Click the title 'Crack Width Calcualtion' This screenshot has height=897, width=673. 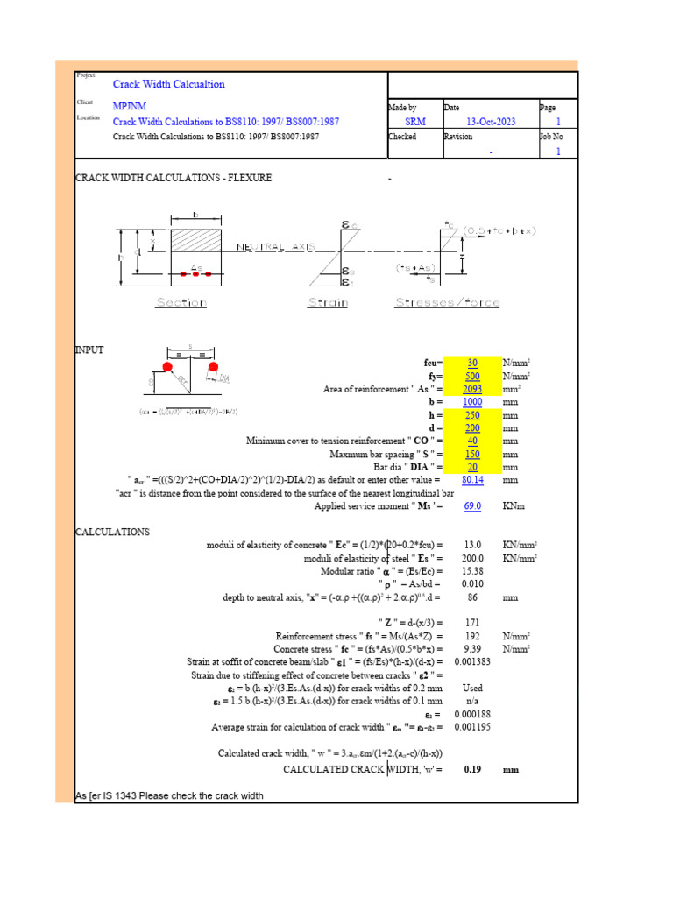[169, 84]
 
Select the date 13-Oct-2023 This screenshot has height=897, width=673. [491, 122]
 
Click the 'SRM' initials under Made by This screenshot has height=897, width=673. [415, 122]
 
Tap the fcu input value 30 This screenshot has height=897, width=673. [472, 362]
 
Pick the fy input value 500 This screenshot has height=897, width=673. [472, 375]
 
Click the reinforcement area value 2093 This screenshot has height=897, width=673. [472, 388]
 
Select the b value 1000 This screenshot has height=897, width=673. [472, 402]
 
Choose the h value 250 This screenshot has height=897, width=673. [472, 415]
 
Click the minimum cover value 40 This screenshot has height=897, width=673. [472, 441]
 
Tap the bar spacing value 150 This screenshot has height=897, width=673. [472, 454]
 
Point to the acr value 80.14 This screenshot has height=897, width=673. [472, 480]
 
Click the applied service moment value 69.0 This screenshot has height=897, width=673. [472, 506]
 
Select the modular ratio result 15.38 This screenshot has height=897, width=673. [472, 570]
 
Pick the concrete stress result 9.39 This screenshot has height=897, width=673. [472, 649]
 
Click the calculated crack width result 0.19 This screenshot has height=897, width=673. [472, 769]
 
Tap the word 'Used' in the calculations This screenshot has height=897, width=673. [472, 689]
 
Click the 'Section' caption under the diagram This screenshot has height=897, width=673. [181, 302]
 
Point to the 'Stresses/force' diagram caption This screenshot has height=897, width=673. [447, 302]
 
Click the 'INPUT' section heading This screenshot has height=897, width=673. [89, 350]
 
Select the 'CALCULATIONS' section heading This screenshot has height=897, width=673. [113, 532]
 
